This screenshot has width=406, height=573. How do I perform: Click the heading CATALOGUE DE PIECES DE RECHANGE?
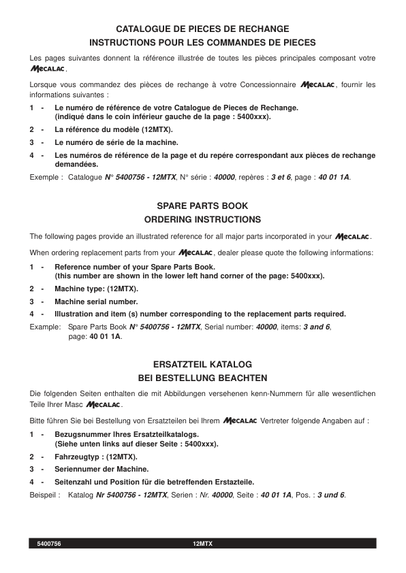[x=202, y=29]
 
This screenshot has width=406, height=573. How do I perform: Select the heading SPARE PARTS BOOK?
[x=202, y=205]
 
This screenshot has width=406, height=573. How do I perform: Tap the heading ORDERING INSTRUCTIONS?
[x=202, y=220]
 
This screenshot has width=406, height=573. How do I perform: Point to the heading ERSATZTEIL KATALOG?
[x=202, y=364]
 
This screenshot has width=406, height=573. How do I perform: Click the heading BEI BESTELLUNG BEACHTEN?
[x=202, y=378]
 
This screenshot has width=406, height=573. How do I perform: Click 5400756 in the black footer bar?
[x=49, y=544]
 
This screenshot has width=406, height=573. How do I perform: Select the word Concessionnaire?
[x=263, y=85]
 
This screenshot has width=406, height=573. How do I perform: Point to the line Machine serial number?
[x=96, y=301]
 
